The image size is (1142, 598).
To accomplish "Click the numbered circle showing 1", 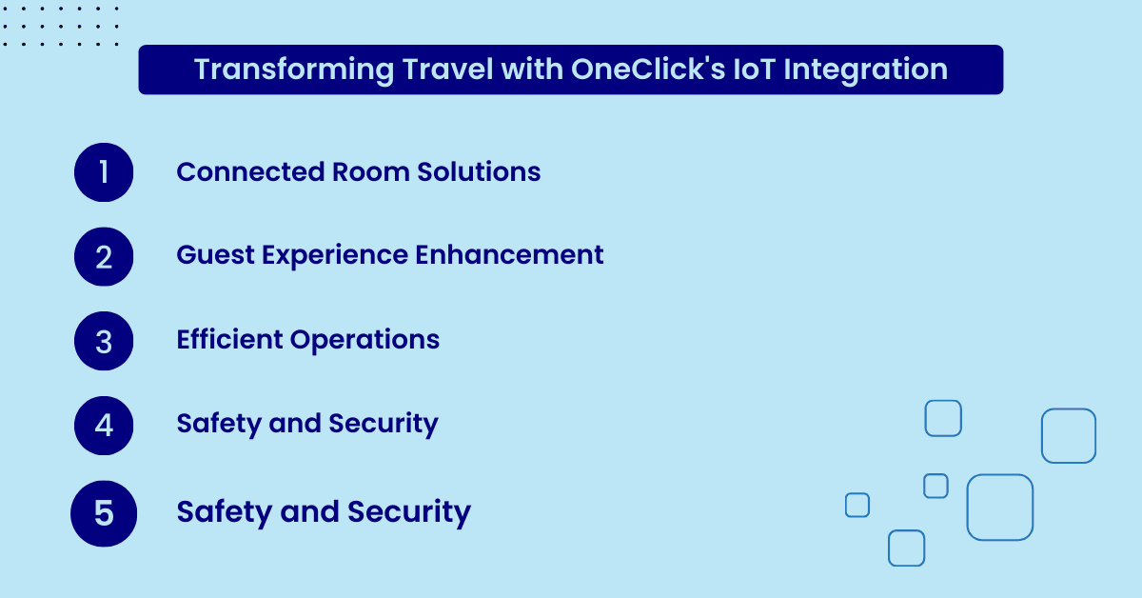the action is click(x=104, y=172).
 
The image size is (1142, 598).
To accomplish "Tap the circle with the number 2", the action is click(x=104, y=257).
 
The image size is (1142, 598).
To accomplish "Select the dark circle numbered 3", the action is click(x=104, y=341).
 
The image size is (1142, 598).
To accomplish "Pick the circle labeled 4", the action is click(x=104, y=426).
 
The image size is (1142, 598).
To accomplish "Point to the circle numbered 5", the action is click(x=104, y=513).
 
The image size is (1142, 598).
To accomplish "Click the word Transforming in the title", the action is click(x=294, y=70).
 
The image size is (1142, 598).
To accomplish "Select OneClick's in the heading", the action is click(x=647, y=69).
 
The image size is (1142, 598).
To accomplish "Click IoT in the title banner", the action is click(x=754, y=69).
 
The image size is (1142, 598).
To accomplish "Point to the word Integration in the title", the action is click(x=866, y=70).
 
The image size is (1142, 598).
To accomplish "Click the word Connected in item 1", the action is click(x=250, y=172).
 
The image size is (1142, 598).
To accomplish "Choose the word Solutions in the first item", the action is click(x=479, y=172).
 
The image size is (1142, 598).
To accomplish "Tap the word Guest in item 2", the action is click(x=215, y=254).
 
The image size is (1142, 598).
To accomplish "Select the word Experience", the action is click(x=334, y=256).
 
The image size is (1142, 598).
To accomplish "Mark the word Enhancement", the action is click(x=509, y=254).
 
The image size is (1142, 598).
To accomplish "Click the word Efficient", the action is click(x=229, y=339).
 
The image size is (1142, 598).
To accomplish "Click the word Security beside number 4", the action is click(x=384, y=425).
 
